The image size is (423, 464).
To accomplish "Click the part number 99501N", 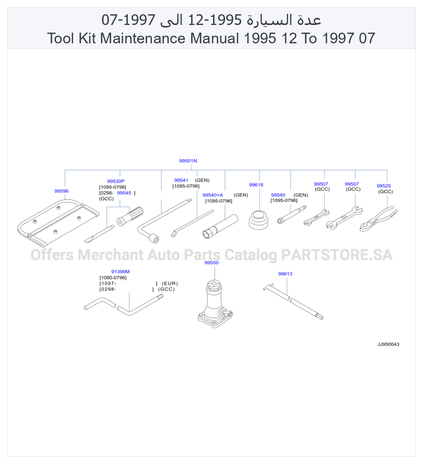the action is (x=188, y=161).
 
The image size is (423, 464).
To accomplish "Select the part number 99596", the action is (x=61, y=191).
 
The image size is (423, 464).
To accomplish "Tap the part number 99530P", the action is (x=116, y=181).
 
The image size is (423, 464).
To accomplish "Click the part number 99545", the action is (x=124, y=193).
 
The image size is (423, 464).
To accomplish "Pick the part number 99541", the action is (x=181, y=180).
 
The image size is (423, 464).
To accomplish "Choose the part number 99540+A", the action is (x=213, y=195).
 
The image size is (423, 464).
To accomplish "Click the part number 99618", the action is (x=256, y=185).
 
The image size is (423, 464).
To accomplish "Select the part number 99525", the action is (x=384, y=186).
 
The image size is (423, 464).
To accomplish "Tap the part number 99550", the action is (x=211, y=263).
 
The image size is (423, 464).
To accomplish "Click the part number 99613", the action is (x=285, y=274).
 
